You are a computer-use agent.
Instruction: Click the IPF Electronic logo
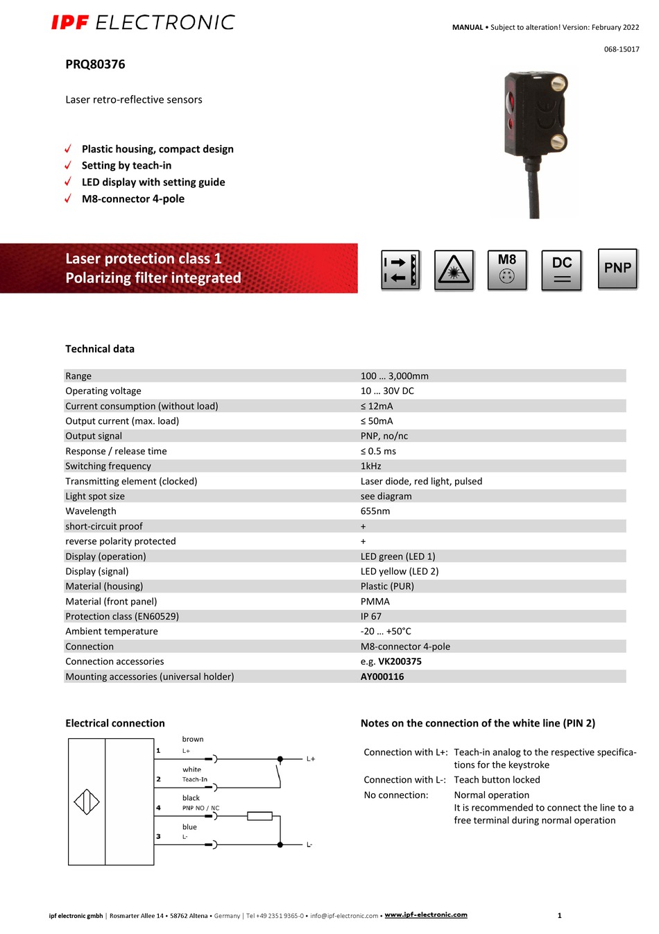pos(143,23)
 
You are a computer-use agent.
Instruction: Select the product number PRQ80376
pos(95,65)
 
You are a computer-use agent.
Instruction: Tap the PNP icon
pos(617,269)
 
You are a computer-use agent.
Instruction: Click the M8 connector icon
pos(507,269)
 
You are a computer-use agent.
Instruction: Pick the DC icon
pos(562,269)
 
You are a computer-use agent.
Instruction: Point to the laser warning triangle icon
pos(454,270)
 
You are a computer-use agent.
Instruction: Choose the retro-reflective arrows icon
pos(400,270)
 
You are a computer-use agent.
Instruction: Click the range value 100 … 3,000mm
pos(394,376)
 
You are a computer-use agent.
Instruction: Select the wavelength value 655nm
pos(375,511)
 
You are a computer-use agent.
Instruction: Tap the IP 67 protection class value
pos(370,616)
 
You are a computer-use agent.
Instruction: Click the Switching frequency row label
pos(108,466)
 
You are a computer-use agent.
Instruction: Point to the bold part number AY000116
pos(382,677)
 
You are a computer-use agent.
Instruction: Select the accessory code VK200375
pos(400,661)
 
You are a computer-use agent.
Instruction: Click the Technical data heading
pos(100,349)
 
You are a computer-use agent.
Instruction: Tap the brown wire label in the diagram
pos(193,739)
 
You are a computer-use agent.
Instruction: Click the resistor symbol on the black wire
pos(259,816)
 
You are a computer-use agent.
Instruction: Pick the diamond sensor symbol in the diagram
pos(87,802)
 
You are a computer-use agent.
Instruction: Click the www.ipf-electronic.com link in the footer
pos(426,915)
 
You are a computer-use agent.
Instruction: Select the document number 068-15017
pos(622,49)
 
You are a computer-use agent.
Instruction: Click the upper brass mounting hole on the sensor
pos(558,85)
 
